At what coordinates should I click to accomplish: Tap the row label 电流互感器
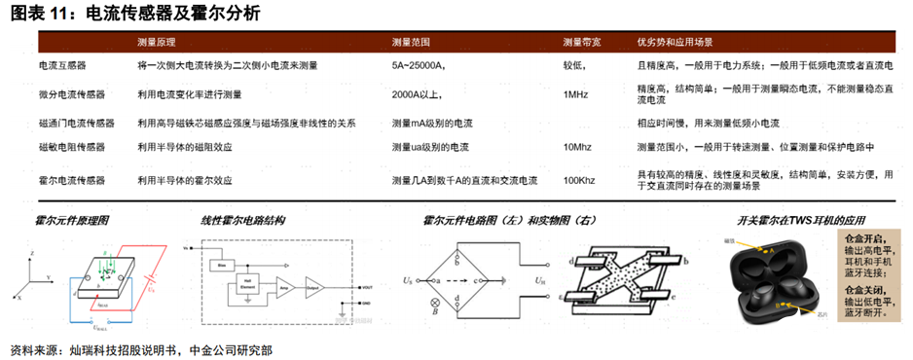coord(61,65)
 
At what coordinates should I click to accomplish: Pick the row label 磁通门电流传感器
coord(76,124)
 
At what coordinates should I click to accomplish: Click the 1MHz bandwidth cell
coord(575,94)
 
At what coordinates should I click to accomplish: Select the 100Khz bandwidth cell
coord(579,180)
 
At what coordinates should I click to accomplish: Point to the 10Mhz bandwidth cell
coord(578,147)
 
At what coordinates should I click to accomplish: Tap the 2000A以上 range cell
coord(420,94)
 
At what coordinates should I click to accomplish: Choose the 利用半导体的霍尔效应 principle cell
coord(184,180)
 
